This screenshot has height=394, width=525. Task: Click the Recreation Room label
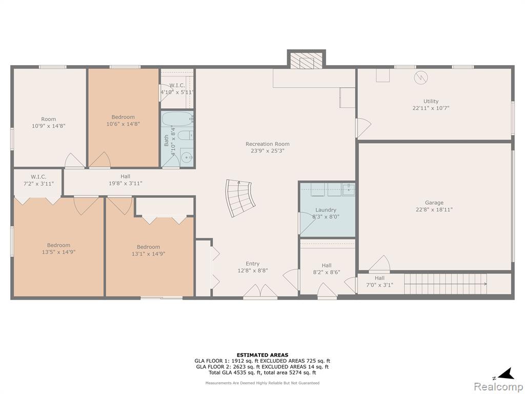point(267,144)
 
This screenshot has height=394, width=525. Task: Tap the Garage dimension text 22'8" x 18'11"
point(434,210)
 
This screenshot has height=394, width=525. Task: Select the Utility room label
point(431,101)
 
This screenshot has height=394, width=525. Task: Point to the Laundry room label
point(326,210)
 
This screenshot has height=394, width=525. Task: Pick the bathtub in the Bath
point(177,119)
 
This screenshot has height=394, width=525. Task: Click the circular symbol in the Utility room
point(421,78)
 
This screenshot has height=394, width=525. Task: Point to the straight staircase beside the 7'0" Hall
point(446,284)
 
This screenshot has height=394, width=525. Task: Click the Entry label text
point(252,264)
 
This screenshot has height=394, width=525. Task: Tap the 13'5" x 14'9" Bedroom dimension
point(58,252)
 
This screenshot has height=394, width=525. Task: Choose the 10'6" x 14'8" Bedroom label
point(123,120)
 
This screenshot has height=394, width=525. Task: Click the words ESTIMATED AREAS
point(262,355)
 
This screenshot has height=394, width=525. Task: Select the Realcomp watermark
point(497,386)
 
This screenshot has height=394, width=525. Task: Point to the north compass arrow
point(506,373)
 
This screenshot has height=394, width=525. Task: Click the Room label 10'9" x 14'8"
point(49,123)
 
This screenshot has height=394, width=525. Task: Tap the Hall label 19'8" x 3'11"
point(126,180)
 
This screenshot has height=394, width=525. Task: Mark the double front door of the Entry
point(260,291)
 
